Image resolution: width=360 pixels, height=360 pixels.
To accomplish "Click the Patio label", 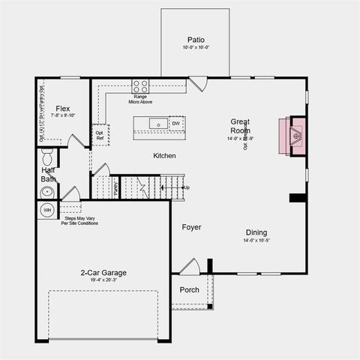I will pos(195,40).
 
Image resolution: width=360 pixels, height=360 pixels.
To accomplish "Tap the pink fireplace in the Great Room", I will pos(292,136).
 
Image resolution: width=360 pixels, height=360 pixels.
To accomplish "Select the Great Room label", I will pos(240,125).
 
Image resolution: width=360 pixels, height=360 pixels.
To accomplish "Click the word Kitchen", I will pos(164,155).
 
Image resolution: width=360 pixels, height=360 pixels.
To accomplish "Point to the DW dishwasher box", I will pos(175,124).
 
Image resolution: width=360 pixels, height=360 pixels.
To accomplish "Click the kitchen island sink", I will pos(158,124).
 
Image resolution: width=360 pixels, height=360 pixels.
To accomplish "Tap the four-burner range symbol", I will pos(140,85).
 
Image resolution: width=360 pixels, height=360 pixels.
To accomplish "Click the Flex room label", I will pos(63,109).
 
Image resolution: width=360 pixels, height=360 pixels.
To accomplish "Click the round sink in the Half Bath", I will pos(46,192).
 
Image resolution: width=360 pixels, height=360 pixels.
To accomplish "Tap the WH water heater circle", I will pos(46,209).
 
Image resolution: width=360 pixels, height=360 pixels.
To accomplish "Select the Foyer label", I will pos(190,226).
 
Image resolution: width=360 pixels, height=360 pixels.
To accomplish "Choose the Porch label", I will pos(189,289).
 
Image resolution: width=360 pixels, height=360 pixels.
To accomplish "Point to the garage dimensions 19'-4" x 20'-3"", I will pos(103,280).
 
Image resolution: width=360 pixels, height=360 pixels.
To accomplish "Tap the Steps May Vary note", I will pos(79,220).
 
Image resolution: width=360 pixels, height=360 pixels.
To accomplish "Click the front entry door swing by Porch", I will pos(189,267).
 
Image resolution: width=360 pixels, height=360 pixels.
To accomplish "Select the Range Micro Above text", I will pos(140,99).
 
